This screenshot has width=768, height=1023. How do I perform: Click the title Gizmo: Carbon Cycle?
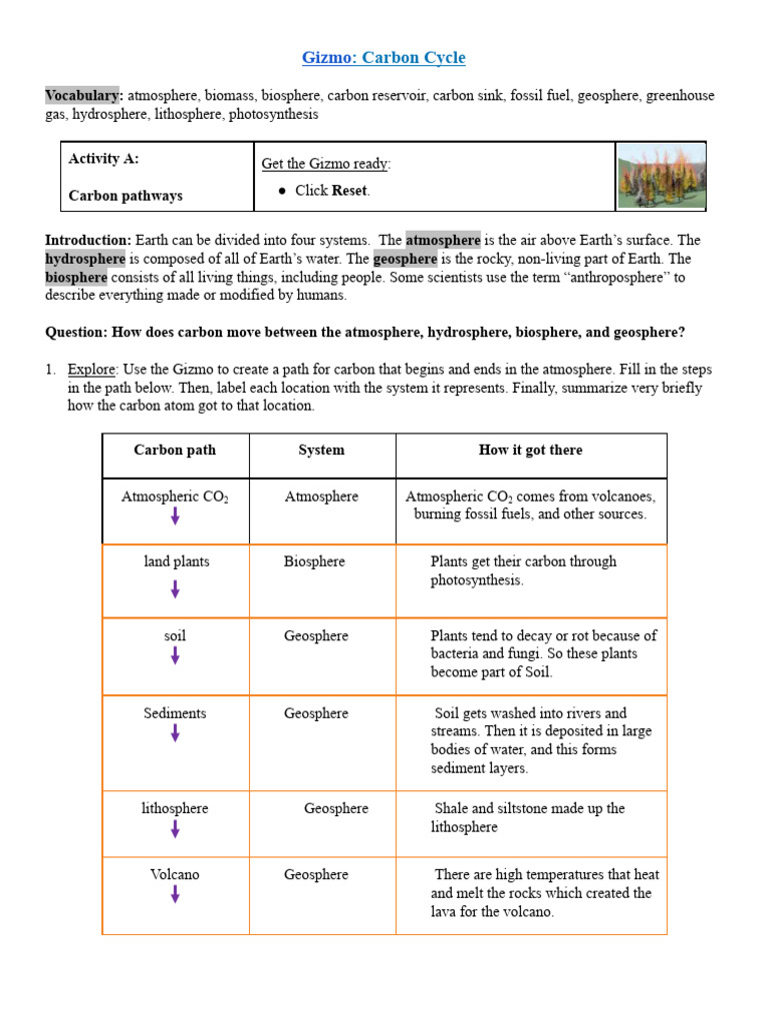coord(384,58)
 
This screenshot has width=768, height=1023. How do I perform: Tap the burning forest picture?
coord(661,177)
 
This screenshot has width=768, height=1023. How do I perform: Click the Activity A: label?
coord(104,159)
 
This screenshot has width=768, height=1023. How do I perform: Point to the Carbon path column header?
coord(175,451)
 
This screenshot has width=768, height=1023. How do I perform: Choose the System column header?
coord(321,451)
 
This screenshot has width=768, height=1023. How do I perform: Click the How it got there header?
coord(530,451)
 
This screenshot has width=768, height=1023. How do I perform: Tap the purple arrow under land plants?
coord(175,589)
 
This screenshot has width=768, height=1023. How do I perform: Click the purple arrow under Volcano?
coord(175,894)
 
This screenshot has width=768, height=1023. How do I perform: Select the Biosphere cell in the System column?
coord(314,561)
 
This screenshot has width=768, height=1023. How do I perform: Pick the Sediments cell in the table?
coord(175,713)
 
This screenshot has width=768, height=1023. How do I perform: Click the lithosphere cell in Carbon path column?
coord(175,808)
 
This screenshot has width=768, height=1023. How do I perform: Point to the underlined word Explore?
coord(92,370)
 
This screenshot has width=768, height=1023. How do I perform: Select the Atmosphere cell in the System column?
coord(321,497)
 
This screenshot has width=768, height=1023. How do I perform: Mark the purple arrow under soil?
coord(175,655)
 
